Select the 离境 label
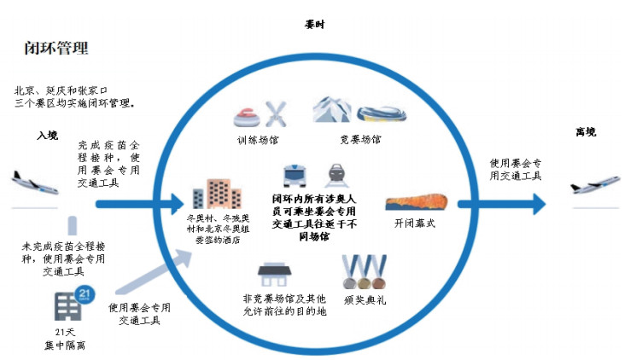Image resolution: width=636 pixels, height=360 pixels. [586, 132]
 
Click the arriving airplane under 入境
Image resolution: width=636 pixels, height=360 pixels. [35, 181]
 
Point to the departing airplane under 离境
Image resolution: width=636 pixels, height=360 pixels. [594, 184]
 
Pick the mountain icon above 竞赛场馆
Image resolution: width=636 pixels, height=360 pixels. [331, 110]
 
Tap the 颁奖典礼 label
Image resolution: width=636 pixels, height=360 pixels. [363, 300]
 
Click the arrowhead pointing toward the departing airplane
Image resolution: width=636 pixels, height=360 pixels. [535, 204]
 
